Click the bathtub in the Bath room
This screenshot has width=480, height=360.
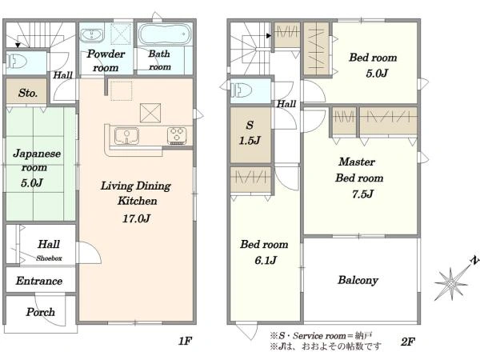coord(165,34)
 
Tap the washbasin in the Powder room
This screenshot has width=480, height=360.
coord(91,34)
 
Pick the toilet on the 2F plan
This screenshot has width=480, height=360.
coord(241,90)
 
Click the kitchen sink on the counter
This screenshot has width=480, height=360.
coord(126,136)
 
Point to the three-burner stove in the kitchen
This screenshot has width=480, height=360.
coord(177,136)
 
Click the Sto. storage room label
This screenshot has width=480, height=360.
coord(27,93)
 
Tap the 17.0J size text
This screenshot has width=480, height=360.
coord(137,218)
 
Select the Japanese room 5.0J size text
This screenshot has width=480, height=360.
coord(32,183)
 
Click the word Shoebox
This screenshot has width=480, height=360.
coord(49,258)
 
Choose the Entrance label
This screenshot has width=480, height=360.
coord(39,281)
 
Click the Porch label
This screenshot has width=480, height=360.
coord(41,312)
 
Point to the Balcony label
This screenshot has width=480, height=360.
coord(358,281)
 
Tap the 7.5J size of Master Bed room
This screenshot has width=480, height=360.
coord(362,194)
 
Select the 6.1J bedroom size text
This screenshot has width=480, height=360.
coord(266,260)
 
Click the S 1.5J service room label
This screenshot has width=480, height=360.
coord(250,133)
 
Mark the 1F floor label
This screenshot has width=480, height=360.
coord(186,341)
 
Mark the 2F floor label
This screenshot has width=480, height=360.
coord(408,342)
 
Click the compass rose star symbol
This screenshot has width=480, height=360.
coord(451,283)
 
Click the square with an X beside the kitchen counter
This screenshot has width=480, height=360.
coord(150,114)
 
